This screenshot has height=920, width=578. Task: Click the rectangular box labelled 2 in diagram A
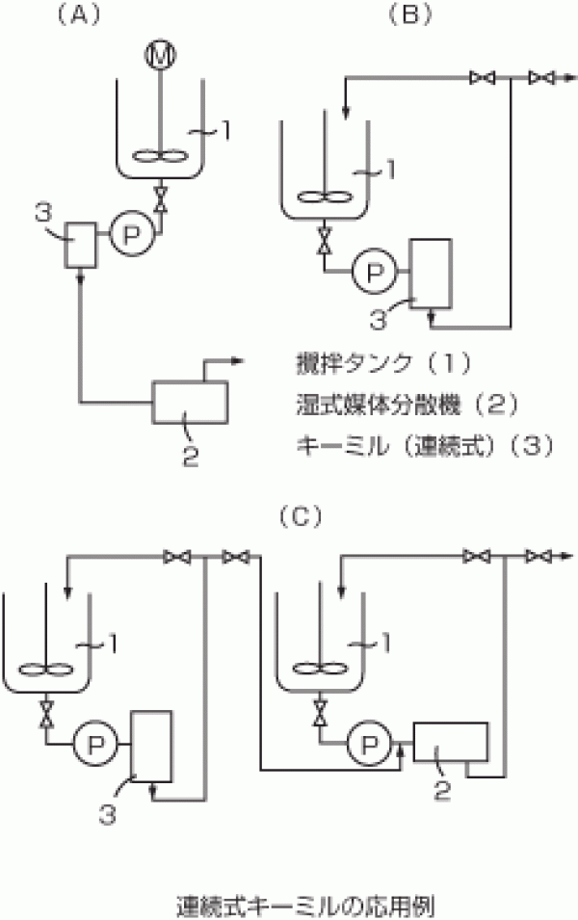191,401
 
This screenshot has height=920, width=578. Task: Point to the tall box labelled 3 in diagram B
430,273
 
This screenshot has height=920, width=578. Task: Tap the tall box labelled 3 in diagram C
151,746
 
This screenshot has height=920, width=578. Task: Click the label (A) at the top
74,13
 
